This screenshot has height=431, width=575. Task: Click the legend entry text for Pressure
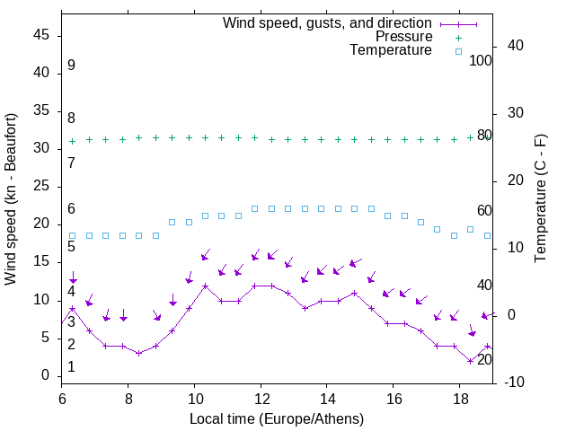tap(403, 37)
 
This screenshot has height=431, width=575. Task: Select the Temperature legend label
tap(391, 51)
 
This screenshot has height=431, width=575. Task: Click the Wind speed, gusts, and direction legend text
tap(327, 22)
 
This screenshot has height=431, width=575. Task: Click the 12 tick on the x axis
tap(261, 398)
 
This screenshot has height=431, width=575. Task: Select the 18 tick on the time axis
tap(460, 398)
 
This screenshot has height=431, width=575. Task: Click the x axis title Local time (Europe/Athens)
tap(277, 418)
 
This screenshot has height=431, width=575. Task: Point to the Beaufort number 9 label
tap(71, 66)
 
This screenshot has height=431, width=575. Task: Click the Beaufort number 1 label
tap(71, 367)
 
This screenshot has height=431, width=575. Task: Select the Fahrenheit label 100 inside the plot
tap(481, 60)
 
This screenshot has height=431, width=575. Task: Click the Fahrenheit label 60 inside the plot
tap(484, 210)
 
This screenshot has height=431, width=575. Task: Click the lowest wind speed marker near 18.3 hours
tap(470, 361)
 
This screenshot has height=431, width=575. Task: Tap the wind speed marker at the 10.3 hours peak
tap(205, 286)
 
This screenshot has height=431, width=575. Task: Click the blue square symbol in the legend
tap(458, 51)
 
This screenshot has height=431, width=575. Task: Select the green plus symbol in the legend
tap(458, 37)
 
